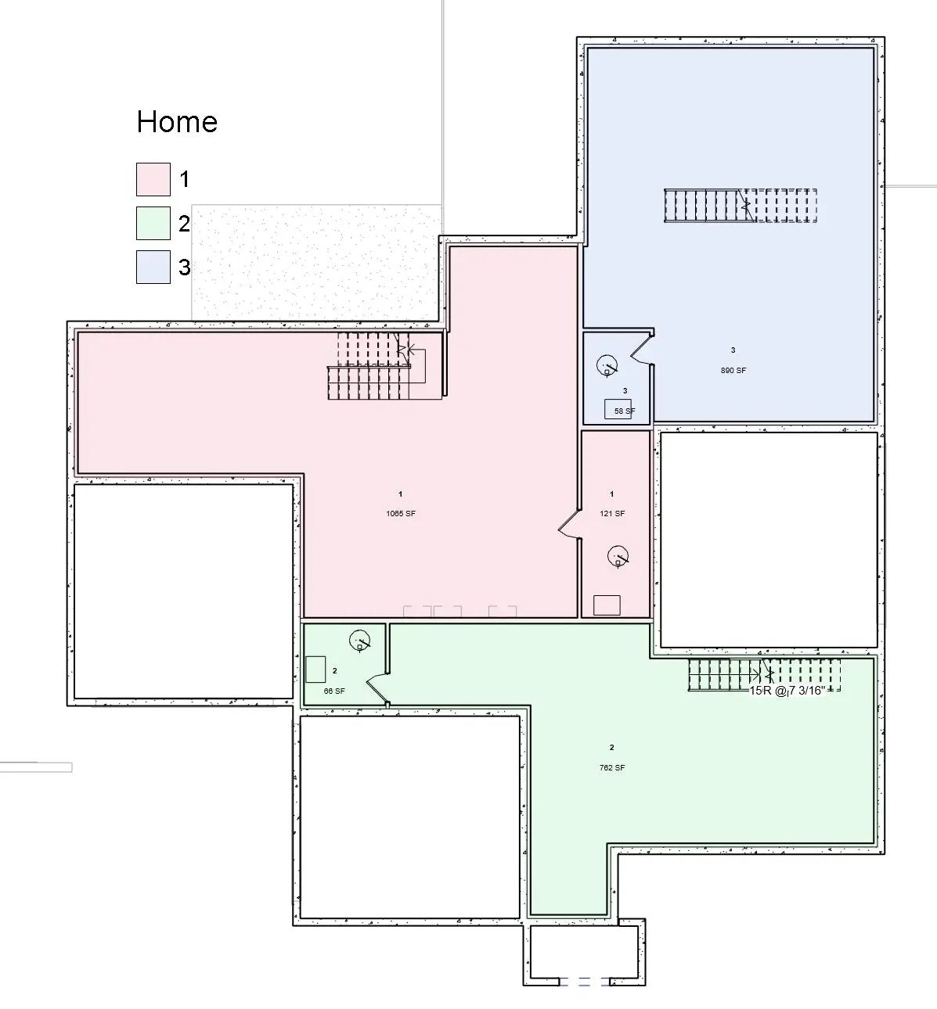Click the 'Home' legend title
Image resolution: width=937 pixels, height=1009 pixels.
177,122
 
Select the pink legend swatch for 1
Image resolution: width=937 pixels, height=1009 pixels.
153,179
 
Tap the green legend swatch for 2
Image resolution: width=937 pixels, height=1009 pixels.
153,223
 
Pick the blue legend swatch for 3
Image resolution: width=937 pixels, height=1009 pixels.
153,267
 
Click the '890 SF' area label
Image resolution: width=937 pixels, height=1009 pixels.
733,370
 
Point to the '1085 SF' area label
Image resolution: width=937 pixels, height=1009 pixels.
400,514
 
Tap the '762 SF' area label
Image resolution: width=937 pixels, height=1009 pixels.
611,767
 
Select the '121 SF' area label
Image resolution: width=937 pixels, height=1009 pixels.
611,514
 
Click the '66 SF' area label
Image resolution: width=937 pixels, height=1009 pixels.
334,691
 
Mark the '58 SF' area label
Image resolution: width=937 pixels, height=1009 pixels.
625,411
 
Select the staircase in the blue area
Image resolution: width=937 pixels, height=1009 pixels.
741,206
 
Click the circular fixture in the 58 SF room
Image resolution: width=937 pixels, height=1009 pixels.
606,365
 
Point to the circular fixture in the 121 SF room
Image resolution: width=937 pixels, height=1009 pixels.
618,556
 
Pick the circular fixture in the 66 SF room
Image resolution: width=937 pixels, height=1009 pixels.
359,641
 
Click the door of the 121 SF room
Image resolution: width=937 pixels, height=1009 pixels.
569,524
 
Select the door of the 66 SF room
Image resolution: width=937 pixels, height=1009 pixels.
377,686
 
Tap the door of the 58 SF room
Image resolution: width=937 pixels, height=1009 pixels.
642,348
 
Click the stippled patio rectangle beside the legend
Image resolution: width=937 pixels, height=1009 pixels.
315,262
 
